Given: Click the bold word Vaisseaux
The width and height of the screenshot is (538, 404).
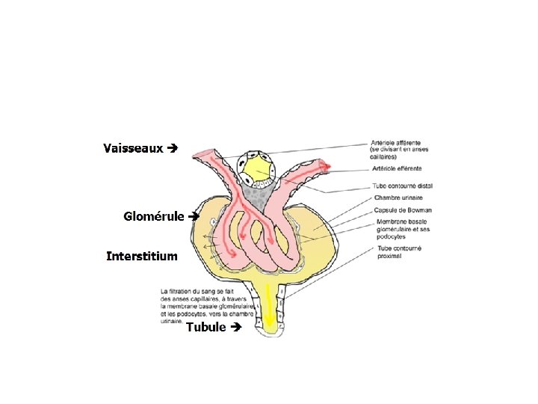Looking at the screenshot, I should tap(133, 148).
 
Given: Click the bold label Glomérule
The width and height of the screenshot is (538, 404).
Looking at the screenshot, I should tap(154, 216).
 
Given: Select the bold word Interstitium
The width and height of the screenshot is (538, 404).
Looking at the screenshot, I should tap(142, 257).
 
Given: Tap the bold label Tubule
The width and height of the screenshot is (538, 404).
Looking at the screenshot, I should tap(205, 327).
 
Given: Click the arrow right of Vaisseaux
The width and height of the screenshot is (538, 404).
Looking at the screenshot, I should tap(173, 148).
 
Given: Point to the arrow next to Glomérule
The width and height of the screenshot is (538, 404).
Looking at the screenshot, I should tap(194, 216).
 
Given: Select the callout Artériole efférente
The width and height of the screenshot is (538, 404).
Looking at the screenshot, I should tap(397, 169).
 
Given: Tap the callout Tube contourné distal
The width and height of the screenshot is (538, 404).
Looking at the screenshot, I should tap(402, 186).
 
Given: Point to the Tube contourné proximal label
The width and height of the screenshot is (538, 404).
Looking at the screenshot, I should tap(400, 251).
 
